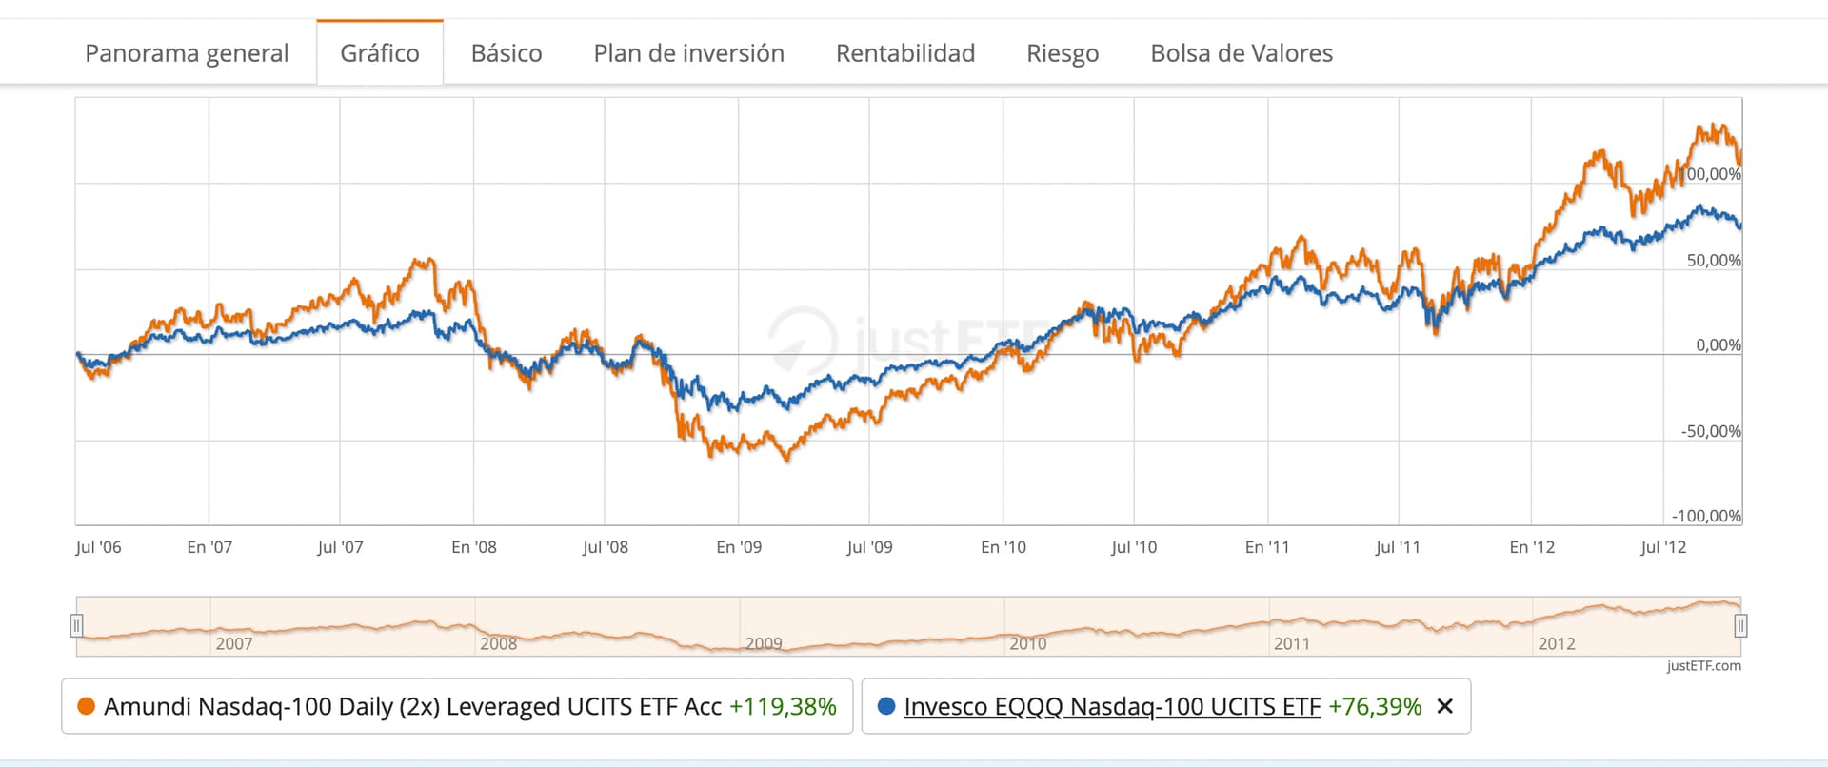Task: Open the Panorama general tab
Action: [x=187, y=53]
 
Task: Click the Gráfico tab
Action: [x=379, y=53]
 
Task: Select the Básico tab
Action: [x=507, y=53]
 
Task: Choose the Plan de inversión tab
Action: [x=688, y=53]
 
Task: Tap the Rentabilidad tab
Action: [x=905, y=53]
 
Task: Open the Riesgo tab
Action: [x=1063, y=53]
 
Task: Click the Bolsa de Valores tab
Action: [x=1242, y=53]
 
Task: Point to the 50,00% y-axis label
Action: [x=1713, y=260]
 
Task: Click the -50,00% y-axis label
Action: [x=1711, y=431]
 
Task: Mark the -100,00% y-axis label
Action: [x=1707, y=516]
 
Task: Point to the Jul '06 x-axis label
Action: [x=98, y=547]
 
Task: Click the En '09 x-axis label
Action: [x=739, y=547]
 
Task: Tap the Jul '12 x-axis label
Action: [x=1663, y=547]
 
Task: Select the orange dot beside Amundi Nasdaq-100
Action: [x=86, y=706]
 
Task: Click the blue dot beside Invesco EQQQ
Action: [x=886, y=706]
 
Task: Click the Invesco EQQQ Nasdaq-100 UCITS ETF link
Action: [x=1112, y=706]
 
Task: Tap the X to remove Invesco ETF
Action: [x=1444, y=706]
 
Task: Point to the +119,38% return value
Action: [x=783, y=706]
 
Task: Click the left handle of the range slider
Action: [x=76, y=625]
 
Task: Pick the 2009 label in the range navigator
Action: [x=764, y=643]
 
